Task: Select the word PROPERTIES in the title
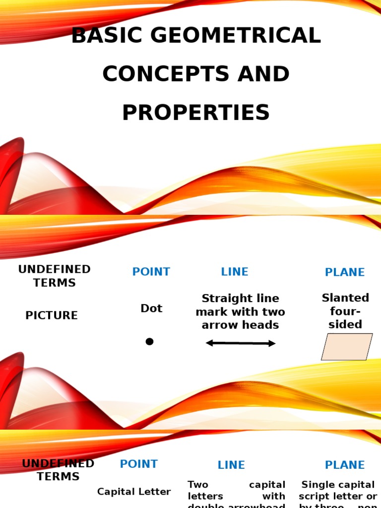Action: pyautogui.click(x=196, y=113)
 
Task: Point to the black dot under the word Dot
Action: pyautogui.click(x=149, y=341)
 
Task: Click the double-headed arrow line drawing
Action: pyautogui.click(x=241, y=343)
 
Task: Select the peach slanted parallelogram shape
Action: pyautogui.click(x=347, y=346)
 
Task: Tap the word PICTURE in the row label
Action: pyautogui.click(x=52, y=316)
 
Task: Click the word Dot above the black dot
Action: pyautogui.click(x=151, y=308)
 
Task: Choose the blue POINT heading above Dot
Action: pyautogui.click(x=151, y=272)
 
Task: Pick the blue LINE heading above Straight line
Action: pyautogui.click(x=235, y=272)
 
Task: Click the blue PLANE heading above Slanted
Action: pyautogui.click(x=345, y=272)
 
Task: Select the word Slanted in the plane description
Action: pyautogui.click(x=345, y=298)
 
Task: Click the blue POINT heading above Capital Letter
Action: pyautogui.click(x=139, y=464)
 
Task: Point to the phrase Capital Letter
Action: pyautogui.click(x=134, y=492)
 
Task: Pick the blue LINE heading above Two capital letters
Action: pyautogui.click(x=231, y=465)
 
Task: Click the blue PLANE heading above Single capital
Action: pyautogui.click(x=345, y=465)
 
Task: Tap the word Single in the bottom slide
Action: pyautogui.click(x=317, y=485)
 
